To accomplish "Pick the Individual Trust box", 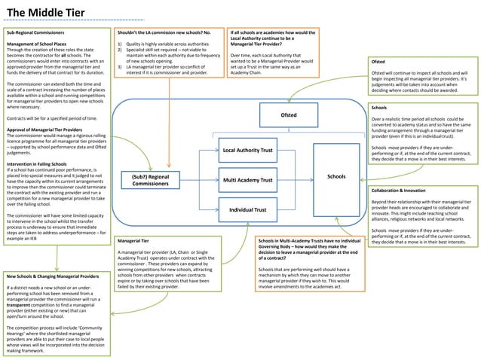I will [247, 209].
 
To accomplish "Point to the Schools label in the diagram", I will [336, 178].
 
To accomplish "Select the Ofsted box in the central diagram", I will [289, 116].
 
